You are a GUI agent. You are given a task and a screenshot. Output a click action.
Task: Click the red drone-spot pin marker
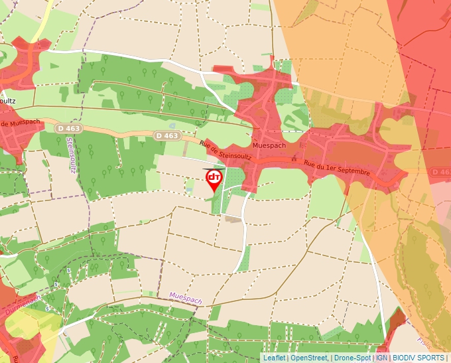pos(214,180)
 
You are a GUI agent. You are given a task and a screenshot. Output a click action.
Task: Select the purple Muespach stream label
pos(185,298)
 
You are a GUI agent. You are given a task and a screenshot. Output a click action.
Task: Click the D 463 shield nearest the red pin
pos(168,135)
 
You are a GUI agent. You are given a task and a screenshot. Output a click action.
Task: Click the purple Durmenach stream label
pos(23,302)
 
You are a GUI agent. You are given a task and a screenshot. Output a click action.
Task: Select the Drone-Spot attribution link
pos(352,358)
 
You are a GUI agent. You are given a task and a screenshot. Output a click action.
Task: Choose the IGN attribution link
pos(381,358)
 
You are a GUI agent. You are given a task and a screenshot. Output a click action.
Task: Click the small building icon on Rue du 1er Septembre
pos(293,159)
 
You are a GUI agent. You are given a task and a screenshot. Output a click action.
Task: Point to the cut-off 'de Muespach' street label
pos(20,124)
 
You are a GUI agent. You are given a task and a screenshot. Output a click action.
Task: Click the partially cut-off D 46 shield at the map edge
pos(442,172)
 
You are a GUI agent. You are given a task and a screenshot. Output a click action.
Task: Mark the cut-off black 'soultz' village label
pos(8,100)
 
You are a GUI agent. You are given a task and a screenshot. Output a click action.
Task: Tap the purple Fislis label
pos(422,342)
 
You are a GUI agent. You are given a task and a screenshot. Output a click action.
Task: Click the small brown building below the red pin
pos(233,218)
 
